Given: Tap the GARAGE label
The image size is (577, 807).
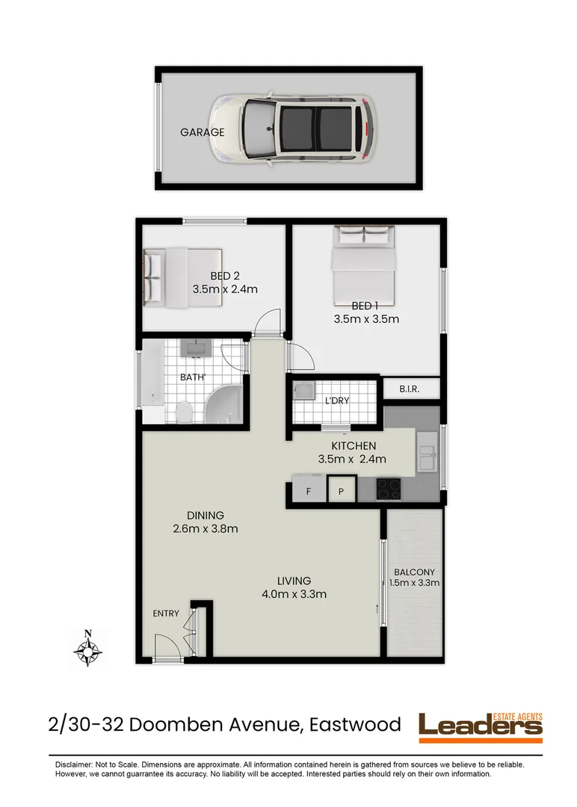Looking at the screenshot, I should tap(202, 132).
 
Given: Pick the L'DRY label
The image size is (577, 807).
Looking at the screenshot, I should tap(337, 401).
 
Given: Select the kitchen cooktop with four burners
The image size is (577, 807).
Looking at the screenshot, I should tap(388, 489).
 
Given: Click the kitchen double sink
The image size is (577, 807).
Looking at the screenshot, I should tap(428, 451).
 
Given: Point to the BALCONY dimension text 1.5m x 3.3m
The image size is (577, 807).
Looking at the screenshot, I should tap(416, 584).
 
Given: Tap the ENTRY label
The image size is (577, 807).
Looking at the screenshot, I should tap(166, 613).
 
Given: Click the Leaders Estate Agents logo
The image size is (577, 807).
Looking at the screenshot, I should tap(481, 726).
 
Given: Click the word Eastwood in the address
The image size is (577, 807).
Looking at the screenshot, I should tap(352, 724).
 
